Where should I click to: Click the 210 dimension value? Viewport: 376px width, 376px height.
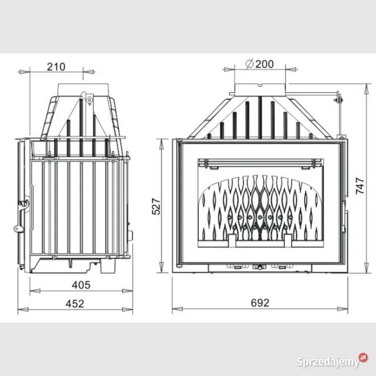[x=56, y=66]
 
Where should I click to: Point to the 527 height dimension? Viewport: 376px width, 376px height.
[x=156, y=206]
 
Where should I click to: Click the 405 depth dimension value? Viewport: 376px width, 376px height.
[x=81, y=285]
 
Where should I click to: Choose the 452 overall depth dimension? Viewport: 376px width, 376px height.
[x=75, y=303]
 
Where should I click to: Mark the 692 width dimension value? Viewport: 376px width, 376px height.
[x=260, y=303]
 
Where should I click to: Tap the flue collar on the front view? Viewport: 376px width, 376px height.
[x=260, y=89]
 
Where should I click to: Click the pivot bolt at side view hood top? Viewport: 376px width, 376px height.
[x=89, y=100]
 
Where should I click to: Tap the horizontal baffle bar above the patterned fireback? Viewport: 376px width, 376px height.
[x=260, y=162]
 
